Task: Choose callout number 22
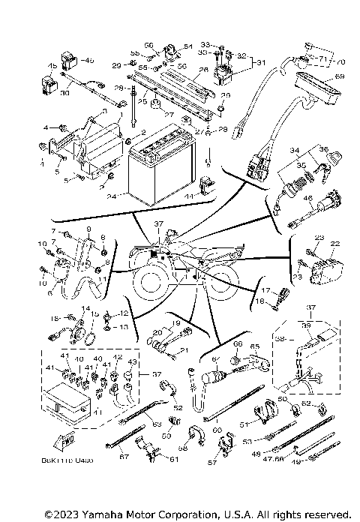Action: (335, 244)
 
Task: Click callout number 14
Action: (85, 309)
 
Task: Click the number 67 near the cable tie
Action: (124, 456)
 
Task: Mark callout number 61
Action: (174, 459)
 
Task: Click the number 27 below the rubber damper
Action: (169, 115)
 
